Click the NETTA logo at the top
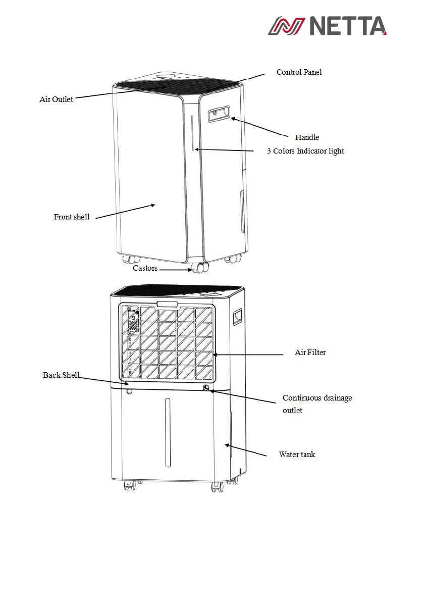[327, 26]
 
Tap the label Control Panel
[299, 72]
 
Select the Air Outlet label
[56, 99]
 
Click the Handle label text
[307, 137]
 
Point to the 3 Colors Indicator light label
[305, 151]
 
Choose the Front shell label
[72, 217]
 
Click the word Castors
[145, 268]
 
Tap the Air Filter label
[310, 353]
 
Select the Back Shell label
[61, 375]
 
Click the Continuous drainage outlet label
[317, 404]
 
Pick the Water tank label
[297, 455]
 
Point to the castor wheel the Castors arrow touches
[198, 268]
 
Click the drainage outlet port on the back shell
[206, 388]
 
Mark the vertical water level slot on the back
[168, 432]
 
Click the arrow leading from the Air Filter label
[247, 355]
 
